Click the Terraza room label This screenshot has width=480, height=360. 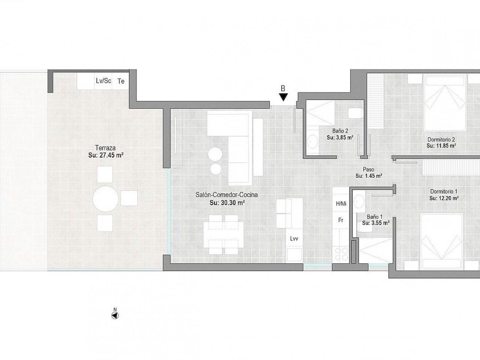105,148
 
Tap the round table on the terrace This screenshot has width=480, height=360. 106,199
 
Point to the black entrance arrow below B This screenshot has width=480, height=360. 283,97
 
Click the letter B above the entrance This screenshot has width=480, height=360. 283,88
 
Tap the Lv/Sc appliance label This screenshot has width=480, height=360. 103,81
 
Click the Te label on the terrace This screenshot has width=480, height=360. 121,81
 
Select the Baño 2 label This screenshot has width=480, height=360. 340,131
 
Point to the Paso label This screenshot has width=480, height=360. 369,169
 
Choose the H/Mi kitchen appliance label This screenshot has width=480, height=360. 341,204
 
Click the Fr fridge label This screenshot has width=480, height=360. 341,220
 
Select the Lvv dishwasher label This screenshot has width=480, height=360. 294,239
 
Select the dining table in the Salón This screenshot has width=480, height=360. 223,235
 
